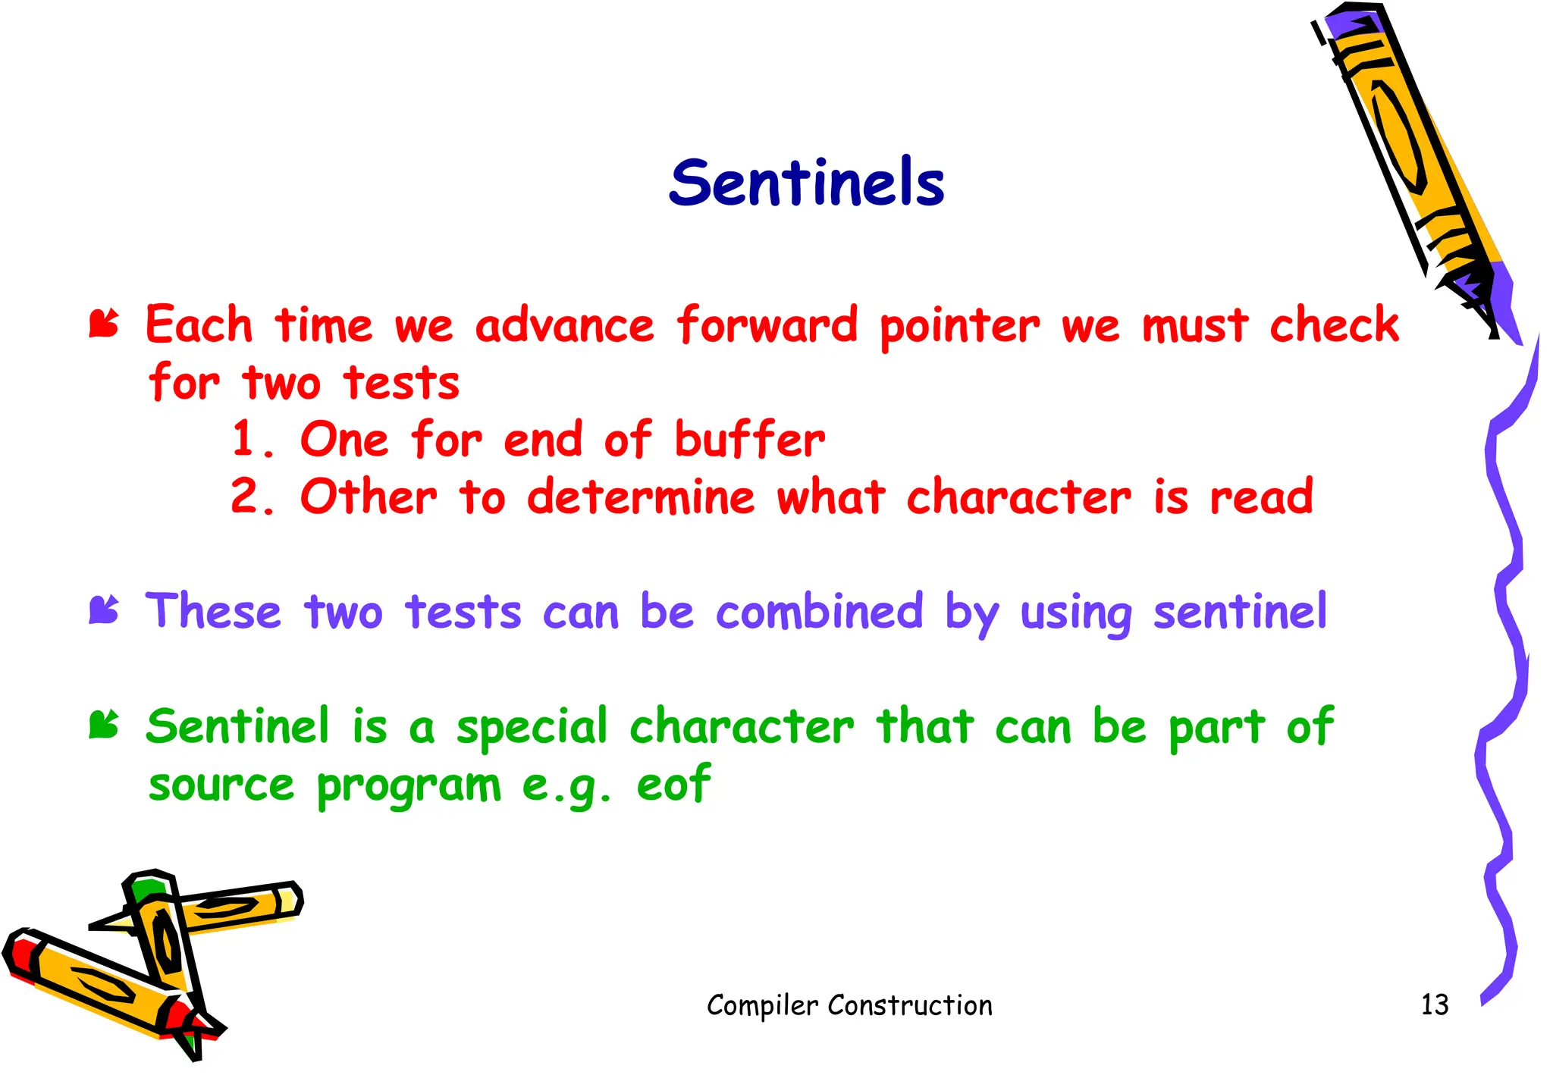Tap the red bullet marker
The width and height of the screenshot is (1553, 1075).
(104, 324)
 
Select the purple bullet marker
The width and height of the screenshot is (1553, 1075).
(104, 610)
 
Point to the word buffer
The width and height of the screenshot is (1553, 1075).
(749, 440)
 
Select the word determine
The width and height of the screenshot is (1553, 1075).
(641, 497)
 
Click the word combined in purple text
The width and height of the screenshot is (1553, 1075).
(819, 611)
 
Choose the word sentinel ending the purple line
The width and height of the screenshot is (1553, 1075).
(1240, 611)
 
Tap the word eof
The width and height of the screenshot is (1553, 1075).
(673, 784)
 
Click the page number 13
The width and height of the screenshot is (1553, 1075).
(1434, 1004)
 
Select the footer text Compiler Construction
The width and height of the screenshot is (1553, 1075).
(849, 1005)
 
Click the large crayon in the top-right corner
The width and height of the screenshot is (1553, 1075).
(1410, 152)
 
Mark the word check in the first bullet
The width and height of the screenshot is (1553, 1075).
(1334, 326)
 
